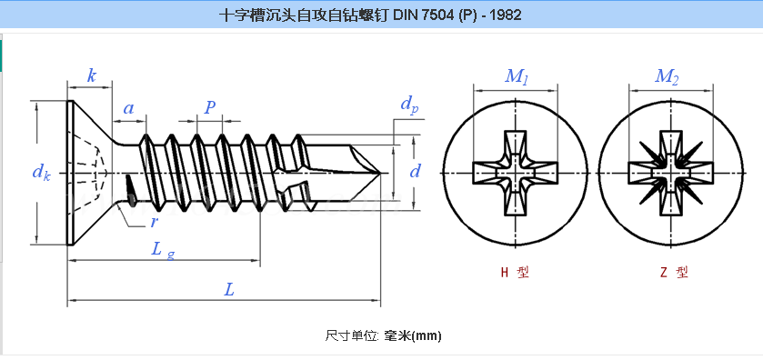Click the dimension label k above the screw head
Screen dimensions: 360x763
tap(92, 76)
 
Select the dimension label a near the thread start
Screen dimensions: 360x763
tap(129, 108)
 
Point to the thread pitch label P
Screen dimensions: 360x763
tap(210, 107)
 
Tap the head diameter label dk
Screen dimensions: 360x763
tap(41, 171)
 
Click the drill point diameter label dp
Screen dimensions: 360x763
tap(409, 105)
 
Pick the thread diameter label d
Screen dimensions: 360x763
tap(415, 170)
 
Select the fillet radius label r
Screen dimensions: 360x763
tap(156, 221)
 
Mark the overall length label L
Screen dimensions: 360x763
tap(230, 290)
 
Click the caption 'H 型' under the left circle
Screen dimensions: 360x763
tap(515, 272)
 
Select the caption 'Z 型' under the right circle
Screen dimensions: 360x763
tap(671, 272)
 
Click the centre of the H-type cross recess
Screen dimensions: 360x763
tap(517, 172)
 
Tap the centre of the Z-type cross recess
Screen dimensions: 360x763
tap(669, 172)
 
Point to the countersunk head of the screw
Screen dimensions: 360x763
tap(86, 171)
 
